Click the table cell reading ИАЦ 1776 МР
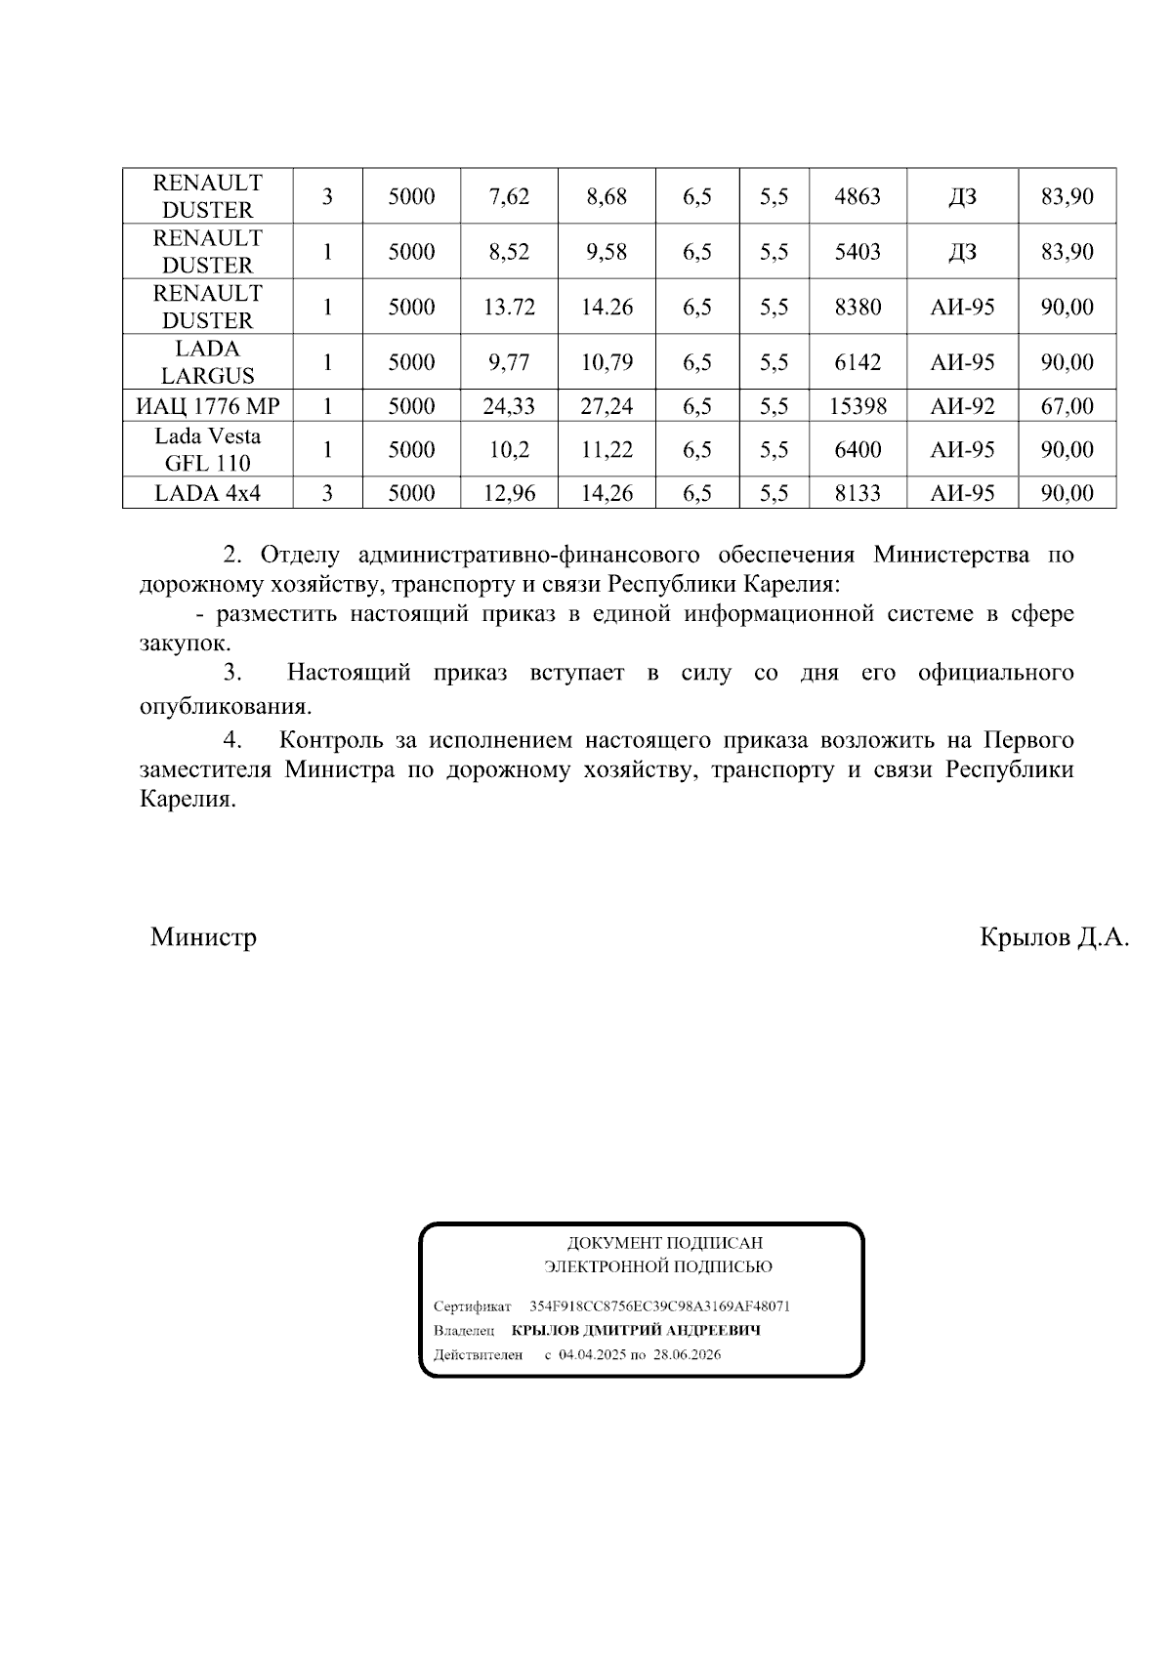point(207,406)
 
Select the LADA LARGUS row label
point(207,362)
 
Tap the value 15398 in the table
point(858,406)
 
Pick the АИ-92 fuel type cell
point(962,406)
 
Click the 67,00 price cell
point(1067,406)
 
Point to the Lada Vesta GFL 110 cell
point(207,449)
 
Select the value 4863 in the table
point(858,196)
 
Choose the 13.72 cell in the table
point(509,308)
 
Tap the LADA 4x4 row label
point(207,493)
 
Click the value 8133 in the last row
point(858,493)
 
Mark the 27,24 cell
point(607,406)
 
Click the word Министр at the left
point(203,938)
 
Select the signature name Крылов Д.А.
point(1054,938)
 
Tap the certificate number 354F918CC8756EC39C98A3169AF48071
point(659,1306)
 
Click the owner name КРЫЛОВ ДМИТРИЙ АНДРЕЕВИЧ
point(636,1331)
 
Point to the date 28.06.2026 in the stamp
point(688,1355)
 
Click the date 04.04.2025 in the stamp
point(593,1355)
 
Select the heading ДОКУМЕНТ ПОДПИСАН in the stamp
point(664,1244)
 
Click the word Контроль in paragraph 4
point(328,740)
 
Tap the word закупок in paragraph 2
point(183,644)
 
